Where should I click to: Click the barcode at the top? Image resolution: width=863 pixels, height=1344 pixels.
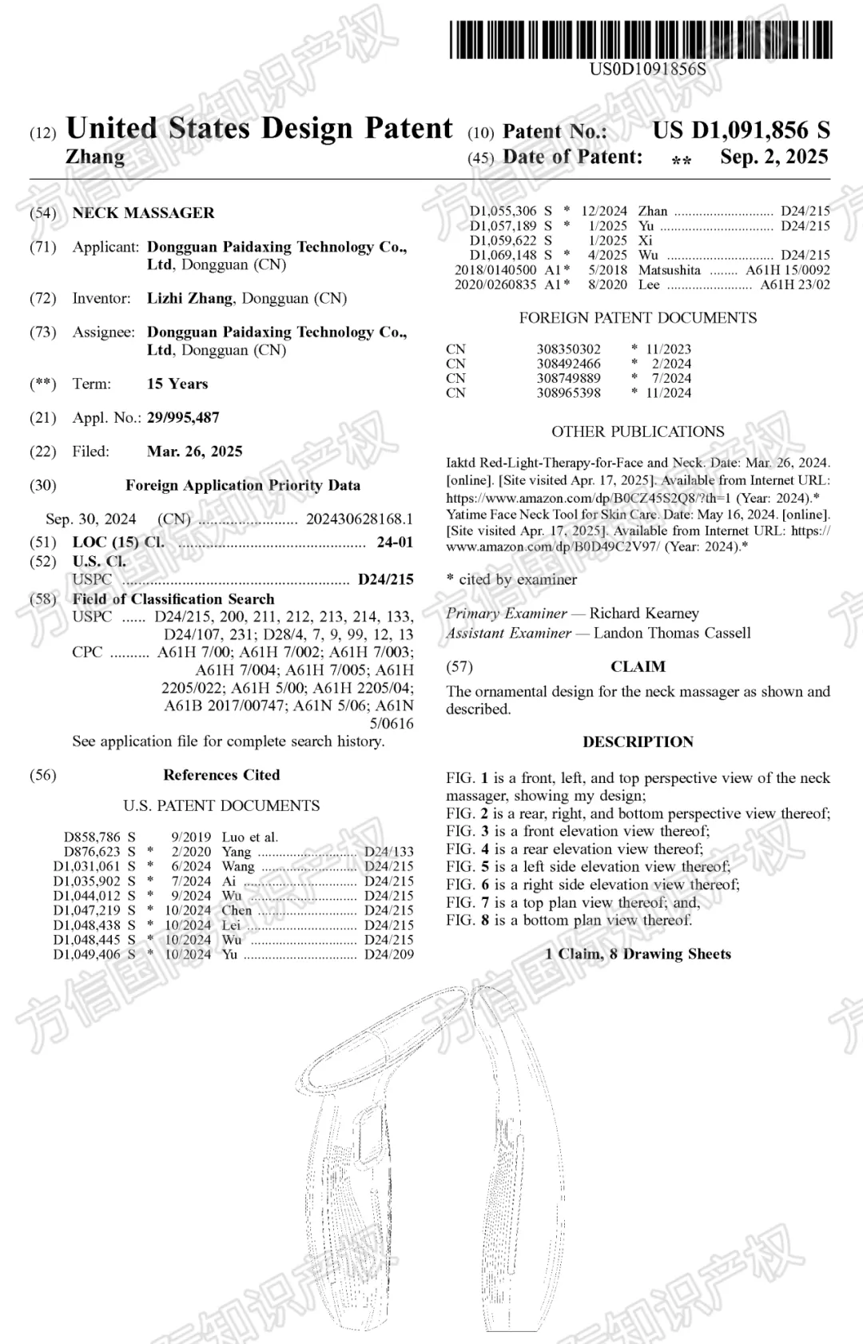pyautogui.click(x=640, y=40)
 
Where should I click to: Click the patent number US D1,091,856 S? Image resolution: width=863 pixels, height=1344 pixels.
pyautogui.click(x=741, y=130)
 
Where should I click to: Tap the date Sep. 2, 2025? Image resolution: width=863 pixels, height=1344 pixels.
pyautogui.click(x=774, y=157)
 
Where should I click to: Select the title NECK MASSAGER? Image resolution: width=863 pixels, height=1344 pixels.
pyautogui.click(x=143, y=213)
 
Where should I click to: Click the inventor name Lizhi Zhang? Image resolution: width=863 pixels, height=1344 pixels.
pyautogui.click(x=189, y=299)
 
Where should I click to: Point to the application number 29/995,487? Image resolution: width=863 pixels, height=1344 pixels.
pyautogui.click(x=183, y=418)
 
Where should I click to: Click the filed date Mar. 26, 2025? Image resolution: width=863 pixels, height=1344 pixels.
pyautogui.click(x=194, y=451)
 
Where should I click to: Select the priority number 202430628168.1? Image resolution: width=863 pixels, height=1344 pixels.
pyautogui.click(x=360, y=519)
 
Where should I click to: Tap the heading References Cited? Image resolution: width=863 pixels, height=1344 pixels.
pyautogui.click(x=221, y=775)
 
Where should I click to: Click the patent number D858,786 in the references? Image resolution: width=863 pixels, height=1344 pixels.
pyautogui.click(x=93, y=837)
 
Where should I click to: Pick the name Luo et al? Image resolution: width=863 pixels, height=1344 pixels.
pyautogui.click(x=249, y=837)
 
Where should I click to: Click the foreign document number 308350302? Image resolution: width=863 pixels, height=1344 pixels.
pyautogui.click(x=568, y=349)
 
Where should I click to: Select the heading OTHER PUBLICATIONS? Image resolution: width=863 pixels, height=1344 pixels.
pyautogui.click(x=638, y=431)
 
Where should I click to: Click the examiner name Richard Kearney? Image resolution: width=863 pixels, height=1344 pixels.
pyautogui.click(x=644, y=614)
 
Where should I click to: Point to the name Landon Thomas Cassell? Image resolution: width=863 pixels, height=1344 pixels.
pyautogui.click(x=672, y=633)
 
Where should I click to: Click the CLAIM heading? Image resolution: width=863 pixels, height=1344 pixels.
pyautogui.click(x=638, y=667)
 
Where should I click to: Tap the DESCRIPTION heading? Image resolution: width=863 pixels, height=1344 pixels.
pyautogui.click(x=638, y=742)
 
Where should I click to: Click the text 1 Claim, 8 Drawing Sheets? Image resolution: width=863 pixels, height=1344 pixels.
pyautogui.click(x=638, y=954)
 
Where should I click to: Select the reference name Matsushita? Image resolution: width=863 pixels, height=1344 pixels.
pyautogui.click(x=669, y=270)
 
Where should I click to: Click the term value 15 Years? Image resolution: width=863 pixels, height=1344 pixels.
pyautogui.click(x=177, y=384)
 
